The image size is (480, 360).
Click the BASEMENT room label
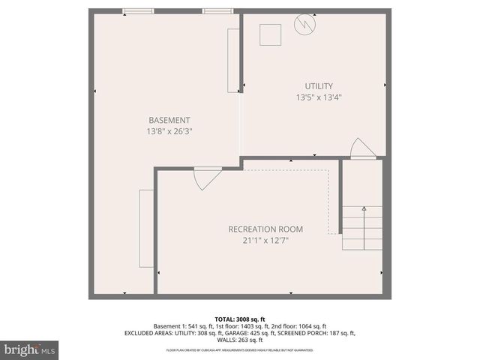169,120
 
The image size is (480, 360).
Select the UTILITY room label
319,86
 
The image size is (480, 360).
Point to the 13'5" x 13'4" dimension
319,97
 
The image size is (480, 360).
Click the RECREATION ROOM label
266,229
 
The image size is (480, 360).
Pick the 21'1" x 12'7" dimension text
266,240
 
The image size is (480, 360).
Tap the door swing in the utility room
361,148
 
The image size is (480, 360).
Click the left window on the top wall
139,11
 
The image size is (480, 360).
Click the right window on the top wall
217,11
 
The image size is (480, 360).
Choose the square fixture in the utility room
270,34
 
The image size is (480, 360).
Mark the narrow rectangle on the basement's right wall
233,60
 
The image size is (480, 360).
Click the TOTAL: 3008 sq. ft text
239,318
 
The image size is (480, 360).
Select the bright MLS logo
30,349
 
